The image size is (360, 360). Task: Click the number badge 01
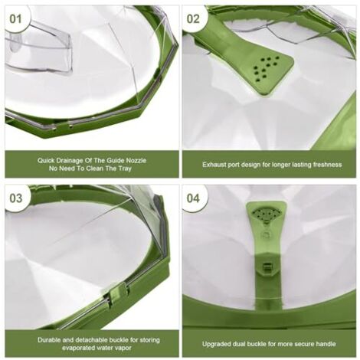pos(15,19)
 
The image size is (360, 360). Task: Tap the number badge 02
pos(193,19)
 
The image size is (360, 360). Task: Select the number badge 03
pos(15,198)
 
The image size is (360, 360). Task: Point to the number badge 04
pos(193,198)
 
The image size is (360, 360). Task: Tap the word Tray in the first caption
pos(125,169)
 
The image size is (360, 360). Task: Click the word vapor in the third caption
pos(124,348)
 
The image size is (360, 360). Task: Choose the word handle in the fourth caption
pos(326,344)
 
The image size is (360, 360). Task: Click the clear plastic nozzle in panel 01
pos(38,48)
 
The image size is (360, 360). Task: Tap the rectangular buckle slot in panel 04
pos(266,267)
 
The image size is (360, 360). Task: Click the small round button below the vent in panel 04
pos(266,234)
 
